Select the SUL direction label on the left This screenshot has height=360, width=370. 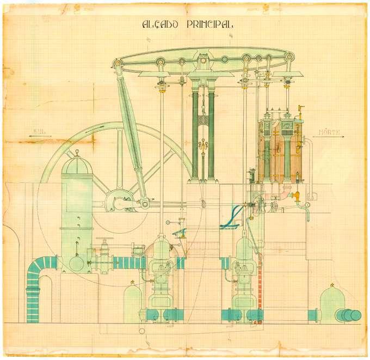click(x=39, y=131)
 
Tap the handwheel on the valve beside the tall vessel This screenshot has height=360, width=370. click(x=102, y=241)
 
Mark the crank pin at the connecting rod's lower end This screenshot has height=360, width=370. click(x=145, y=204)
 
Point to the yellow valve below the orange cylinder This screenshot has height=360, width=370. click(x=297, y=195)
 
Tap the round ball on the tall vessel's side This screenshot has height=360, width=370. click(x=77, y=264)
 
